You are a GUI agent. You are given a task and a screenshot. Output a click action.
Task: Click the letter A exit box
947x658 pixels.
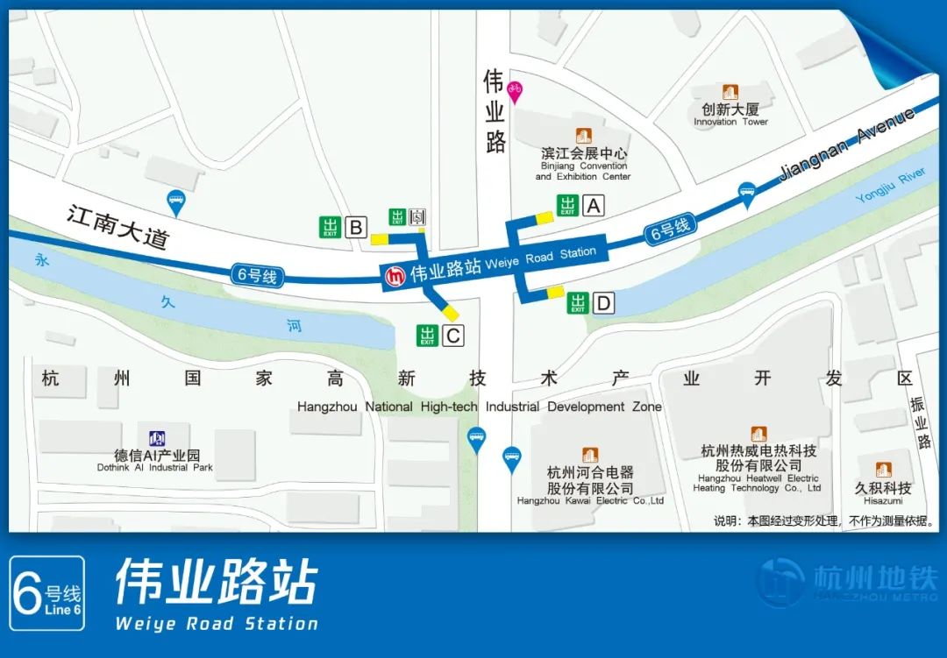[x=594, y=206]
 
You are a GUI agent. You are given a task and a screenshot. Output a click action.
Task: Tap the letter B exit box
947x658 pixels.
[x=355, y=228]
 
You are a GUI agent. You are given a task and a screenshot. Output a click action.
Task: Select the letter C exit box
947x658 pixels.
[x=452, y=335]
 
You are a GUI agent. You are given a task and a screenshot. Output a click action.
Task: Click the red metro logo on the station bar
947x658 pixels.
[x=395, y=276]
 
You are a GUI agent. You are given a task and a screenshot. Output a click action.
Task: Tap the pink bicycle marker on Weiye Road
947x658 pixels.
[x=515, y=91]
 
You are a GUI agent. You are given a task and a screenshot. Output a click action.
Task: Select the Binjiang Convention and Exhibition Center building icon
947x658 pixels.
[x=583, y=136]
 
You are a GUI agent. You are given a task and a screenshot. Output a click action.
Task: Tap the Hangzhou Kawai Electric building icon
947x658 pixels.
[x=590, y=456]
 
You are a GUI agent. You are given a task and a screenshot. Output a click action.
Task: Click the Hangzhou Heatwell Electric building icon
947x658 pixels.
[x=758, y=435]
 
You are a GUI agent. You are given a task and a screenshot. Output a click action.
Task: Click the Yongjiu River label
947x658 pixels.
[x=890, y=186]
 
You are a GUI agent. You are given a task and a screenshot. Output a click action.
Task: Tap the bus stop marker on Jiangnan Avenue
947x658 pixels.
[x=747, y=193]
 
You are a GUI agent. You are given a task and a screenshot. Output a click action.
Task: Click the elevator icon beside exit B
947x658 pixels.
[x=418, y=216]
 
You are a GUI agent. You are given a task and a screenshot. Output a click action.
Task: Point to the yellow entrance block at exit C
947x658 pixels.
[x=451, y=312]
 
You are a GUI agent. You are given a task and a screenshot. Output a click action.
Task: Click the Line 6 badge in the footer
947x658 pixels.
[x=48, y=593]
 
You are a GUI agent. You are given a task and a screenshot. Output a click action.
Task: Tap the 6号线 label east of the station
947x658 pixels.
[x=670, y=230]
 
